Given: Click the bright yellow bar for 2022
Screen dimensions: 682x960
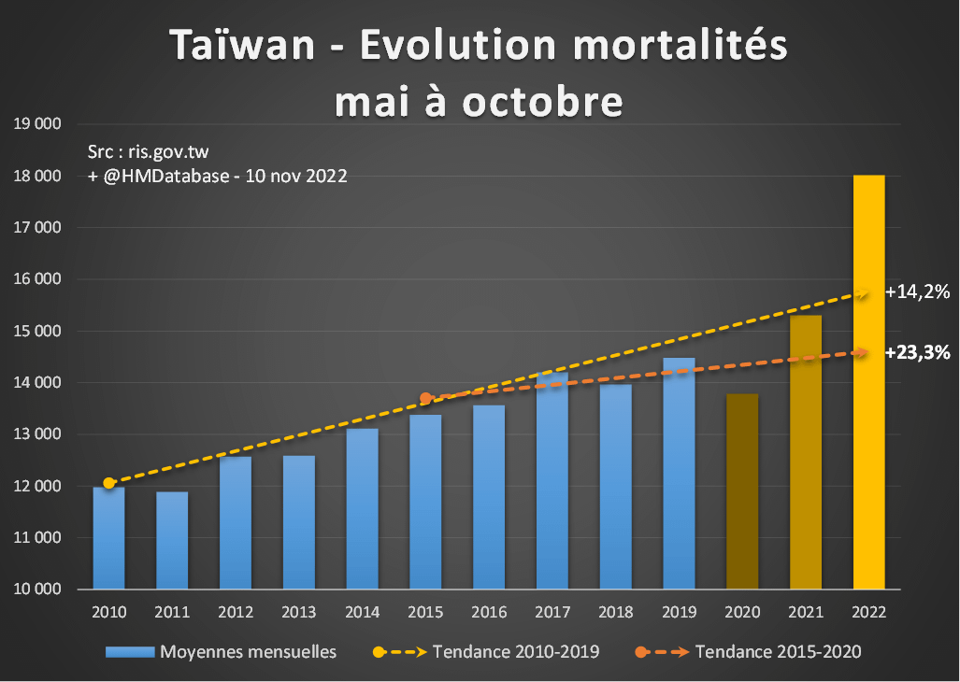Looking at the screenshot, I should pos(868,383).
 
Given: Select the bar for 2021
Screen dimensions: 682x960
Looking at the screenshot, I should pos(805,452).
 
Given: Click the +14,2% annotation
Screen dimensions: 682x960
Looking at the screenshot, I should pos(918,292).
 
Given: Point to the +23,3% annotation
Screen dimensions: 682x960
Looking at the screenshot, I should pos(918,352).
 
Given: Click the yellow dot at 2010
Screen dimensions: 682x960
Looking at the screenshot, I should pos(109,483).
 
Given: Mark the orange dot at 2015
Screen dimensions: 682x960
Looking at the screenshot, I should pos(425,399).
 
